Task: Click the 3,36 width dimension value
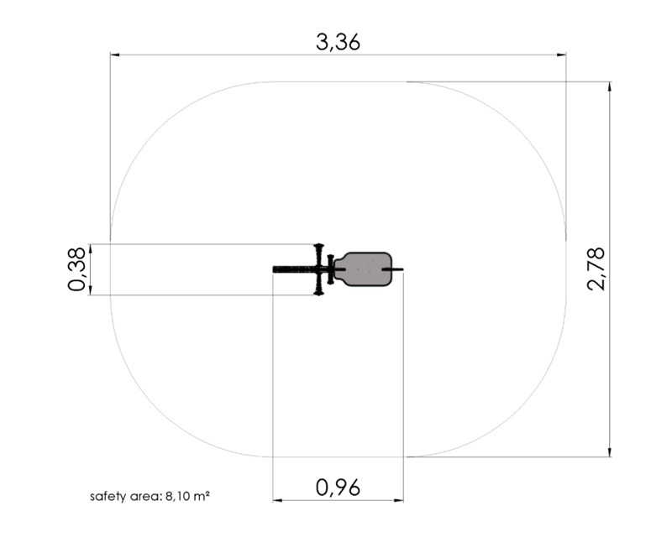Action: [338, 43]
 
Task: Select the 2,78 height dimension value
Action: [596, 269]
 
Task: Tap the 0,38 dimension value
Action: [77, 269]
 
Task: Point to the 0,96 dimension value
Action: [338, 487]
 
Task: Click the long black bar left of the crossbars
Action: [296, 269]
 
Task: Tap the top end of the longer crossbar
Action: [318, 245]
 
